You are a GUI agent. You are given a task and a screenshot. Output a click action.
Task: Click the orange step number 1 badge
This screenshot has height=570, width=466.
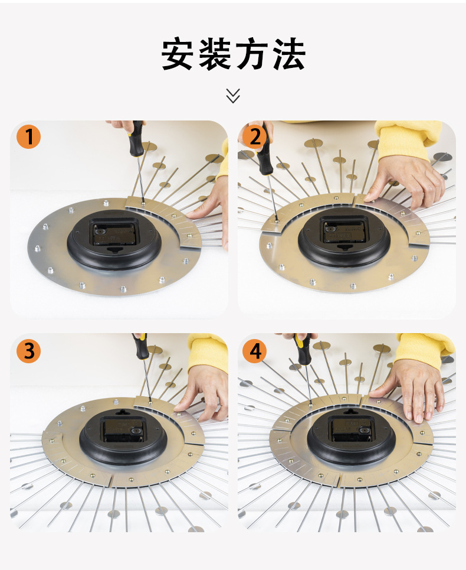[x=29, y=136]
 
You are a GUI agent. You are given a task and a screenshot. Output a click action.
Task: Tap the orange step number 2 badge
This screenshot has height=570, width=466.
[x=255, y=136]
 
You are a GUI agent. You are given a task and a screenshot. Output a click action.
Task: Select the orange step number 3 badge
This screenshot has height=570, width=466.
[x=29, y=351]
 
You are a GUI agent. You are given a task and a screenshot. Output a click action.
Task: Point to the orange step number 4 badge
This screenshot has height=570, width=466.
[x=255, y=351]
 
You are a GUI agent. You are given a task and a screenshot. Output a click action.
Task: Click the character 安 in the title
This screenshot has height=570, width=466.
[x=177, y=54]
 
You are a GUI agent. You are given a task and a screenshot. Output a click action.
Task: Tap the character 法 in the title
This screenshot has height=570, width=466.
[x=289, y=54]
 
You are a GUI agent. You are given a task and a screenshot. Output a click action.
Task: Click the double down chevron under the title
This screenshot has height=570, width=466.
[x=233, y=96]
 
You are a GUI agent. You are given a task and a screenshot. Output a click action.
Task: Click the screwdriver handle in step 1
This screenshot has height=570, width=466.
[x=137, y=139]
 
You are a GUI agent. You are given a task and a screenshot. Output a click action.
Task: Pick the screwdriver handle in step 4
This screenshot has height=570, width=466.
[x=303, y=350]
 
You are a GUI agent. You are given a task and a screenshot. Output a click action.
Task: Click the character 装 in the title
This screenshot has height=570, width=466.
[x=215, y=54]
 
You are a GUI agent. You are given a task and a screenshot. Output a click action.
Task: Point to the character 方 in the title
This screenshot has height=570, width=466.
[x=252, y=54]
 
